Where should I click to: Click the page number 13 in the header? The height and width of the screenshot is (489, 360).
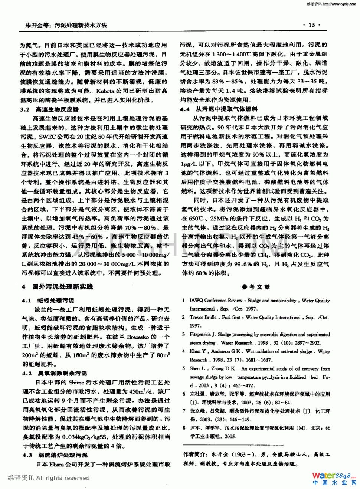(311, 25)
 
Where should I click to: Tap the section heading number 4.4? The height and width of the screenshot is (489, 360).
(185, 109)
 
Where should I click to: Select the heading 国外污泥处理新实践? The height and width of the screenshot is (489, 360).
(62, 287)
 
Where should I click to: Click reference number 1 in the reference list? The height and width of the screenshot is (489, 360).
(183, 301)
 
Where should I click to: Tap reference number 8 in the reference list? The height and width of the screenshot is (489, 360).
(183, 428)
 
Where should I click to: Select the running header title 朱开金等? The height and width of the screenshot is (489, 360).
(37, 25)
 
